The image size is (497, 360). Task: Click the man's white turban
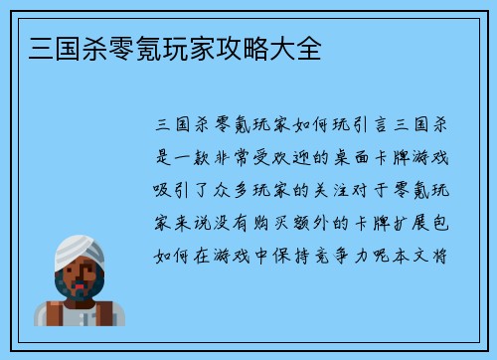(x=79, y=249)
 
